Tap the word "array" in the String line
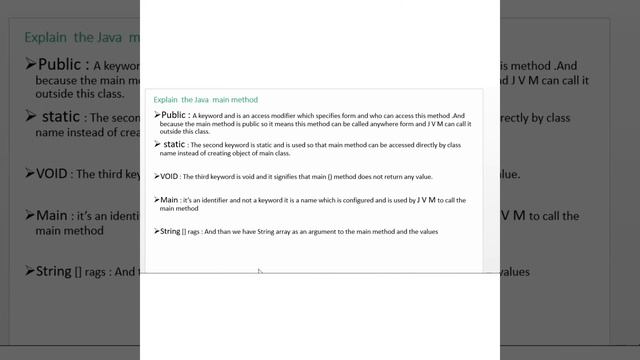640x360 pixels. coord(296,232)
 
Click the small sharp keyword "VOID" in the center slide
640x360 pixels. coord(171,176)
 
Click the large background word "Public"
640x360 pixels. coord(72,66)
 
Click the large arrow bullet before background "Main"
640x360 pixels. coord(29,216)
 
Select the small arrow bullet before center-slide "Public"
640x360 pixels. coord(158,115)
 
